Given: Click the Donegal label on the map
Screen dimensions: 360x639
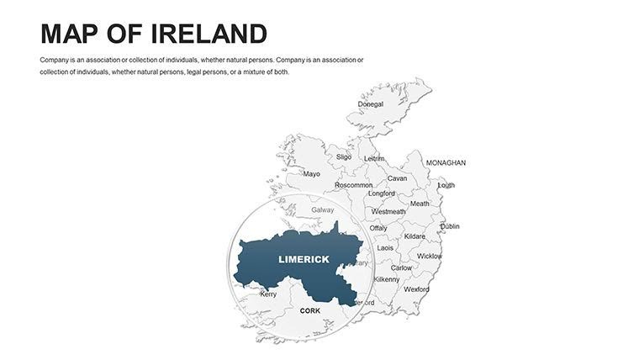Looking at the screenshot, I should [x=371, y=104].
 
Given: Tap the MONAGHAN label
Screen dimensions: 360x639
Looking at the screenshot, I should [x=446, y=162].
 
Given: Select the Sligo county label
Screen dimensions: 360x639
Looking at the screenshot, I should [x=344, y=156].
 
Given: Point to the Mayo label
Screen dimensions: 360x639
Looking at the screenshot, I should [x=311, y=174].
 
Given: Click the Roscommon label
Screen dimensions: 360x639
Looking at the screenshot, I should [x=353, y=185].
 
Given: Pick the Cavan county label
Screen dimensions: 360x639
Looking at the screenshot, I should [x=397, y=178].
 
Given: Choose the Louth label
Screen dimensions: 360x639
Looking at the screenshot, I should [x=446, y=185].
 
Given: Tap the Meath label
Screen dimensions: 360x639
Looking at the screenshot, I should [x=420, y=204].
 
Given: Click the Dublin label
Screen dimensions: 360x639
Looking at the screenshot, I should [x=450, y=226].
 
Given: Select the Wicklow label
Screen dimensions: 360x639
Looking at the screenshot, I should [x=429, y=256].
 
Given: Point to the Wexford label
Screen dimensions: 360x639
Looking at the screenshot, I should [x=416, y=289].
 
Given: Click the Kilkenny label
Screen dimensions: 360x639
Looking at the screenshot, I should [x=387, y=279].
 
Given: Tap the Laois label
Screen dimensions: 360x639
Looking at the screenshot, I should [x=385, y=248].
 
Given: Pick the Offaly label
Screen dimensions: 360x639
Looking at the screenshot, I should [x=378, y=228].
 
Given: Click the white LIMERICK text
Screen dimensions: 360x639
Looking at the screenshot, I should [x=304, y=259].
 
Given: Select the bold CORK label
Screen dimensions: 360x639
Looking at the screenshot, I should [x=310, y=310].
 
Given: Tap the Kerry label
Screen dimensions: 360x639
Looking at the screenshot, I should [x=268, y=294].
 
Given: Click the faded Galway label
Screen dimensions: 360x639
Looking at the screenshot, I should [x=322, y=209].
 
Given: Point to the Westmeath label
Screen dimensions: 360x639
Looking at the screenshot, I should [x=388, y=212].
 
